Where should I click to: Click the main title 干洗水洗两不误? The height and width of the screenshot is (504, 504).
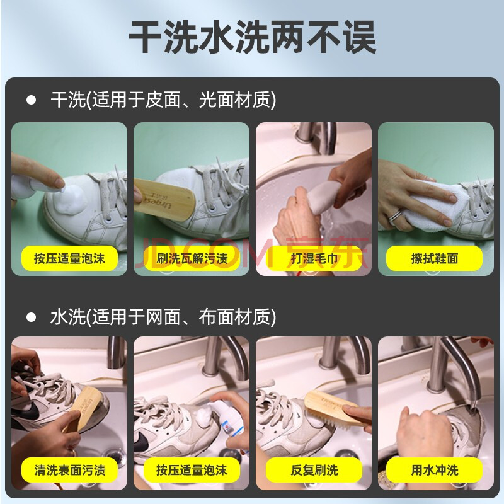(253, 37)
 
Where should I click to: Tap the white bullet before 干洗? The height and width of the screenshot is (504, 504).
(31, 100)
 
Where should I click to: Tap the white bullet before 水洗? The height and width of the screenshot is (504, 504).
(31, 317)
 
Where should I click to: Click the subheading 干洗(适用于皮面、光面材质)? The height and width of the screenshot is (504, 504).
(163, 100)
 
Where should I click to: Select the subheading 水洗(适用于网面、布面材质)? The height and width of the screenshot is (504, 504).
(163, 317)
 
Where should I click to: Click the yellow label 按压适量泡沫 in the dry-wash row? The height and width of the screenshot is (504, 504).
(69, 258)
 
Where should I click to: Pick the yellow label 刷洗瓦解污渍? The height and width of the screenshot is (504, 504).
(192, 258)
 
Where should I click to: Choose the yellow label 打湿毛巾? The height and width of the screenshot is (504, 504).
(314, 258)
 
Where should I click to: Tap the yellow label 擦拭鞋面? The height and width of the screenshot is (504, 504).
(435, 258)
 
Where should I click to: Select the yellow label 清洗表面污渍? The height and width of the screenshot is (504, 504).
(69, 470)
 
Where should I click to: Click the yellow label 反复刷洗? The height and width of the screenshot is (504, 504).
(314, 470)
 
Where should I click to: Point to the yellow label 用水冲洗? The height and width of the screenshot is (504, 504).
(435, 470)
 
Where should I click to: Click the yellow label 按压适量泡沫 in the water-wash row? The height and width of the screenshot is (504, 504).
(192, 470)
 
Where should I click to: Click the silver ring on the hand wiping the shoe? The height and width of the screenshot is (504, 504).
(395, 215)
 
